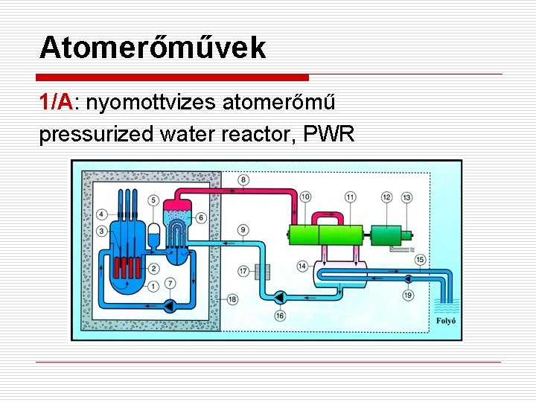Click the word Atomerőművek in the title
pyautogui.click(x=153, y=48)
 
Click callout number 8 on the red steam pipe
pyautogui.click(x=244, y=179)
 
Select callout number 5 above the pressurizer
pyautogui.click(x=153, y=200)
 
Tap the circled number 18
pyautogui.click(x=232, y=299)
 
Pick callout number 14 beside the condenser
pyautogui.click(x=302, y=266)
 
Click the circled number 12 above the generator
pyautogui.click(x=386, y=197)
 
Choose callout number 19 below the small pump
pyautogui.click(x=408, y=296)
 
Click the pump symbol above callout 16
pyautogui.click(x=281, y=298)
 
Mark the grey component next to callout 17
pyautogui.click(x=260, y=272)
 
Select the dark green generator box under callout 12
pyautogui.click(x=386, y=237)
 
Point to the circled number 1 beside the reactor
pyautogui.click(x=153, y=287)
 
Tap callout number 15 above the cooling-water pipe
pyautogui.click(x=421, y=259)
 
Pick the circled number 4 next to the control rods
pyautogui.click(x=101, y=214)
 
